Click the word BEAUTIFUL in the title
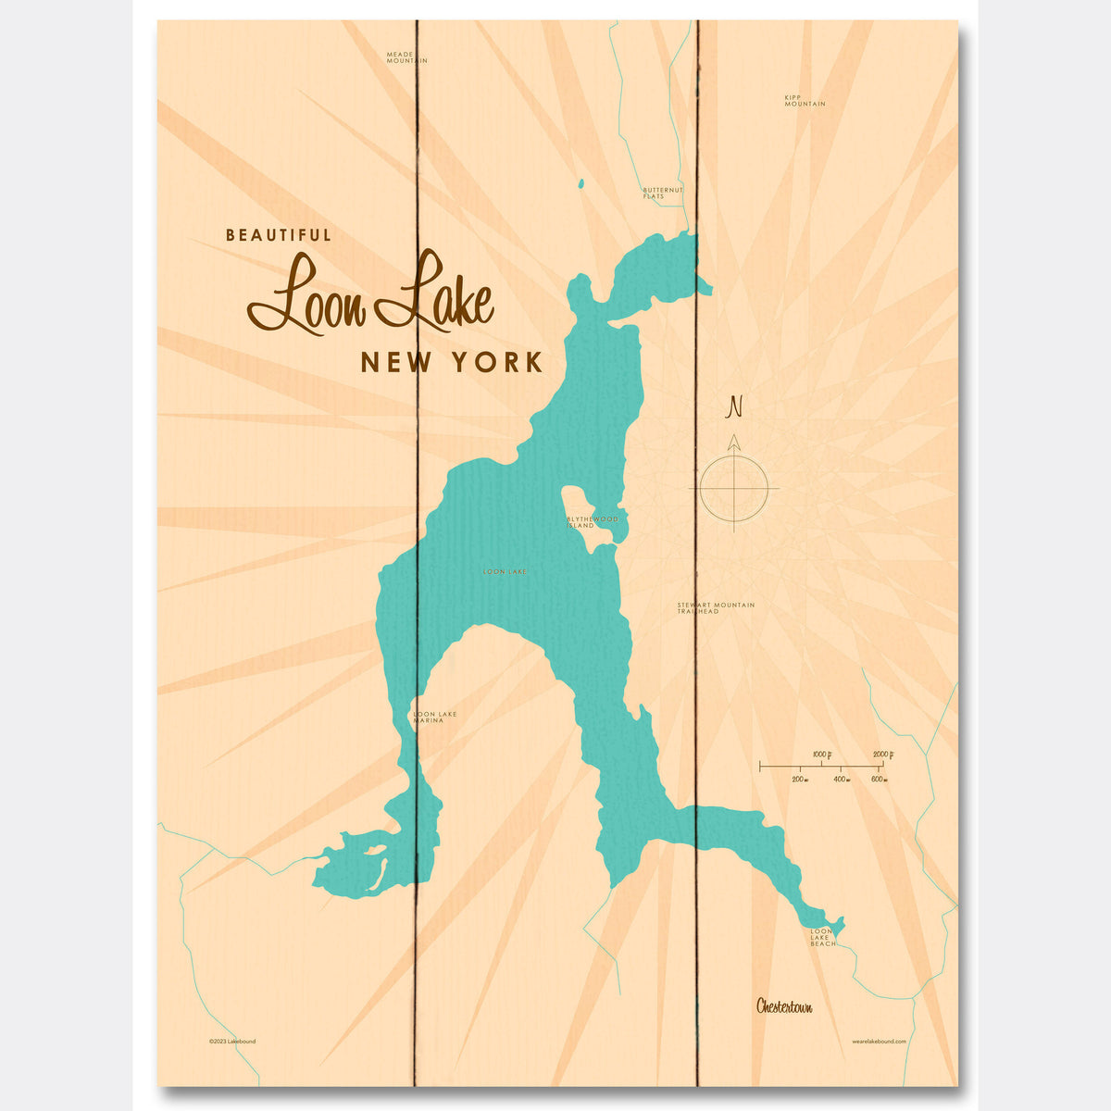(279, 236)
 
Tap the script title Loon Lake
(370, 294)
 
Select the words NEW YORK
(451, 362)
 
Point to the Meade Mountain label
(406, 57)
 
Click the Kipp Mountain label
(804, 100)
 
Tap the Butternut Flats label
(663, 193)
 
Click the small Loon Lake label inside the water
(505, 572)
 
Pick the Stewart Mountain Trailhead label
(715, 608)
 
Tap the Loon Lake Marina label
(434, 717)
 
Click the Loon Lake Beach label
(823, 937)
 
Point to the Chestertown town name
(783, 1006)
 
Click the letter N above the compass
(735, 406)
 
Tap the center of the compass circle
(734, 488)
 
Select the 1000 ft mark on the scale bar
(820, 755)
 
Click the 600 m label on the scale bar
(879, 780)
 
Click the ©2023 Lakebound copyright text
(232, 1042)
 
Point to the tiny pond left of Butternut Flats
(580, 184)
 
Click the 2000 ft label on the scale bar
(883, 755)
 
